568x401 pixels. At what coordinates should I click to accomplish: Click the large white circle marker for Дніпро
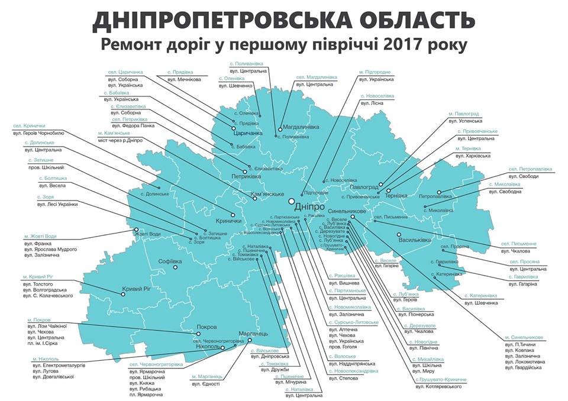pyautogui.click(x=292, y=202)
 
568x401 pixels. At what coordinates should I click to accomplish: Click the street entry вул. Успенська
pyautogui.click(x=465, y=121)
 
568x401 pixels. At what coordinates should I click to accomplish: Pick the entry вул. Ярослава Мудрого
pyautogui.click(x=50, y=250)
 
